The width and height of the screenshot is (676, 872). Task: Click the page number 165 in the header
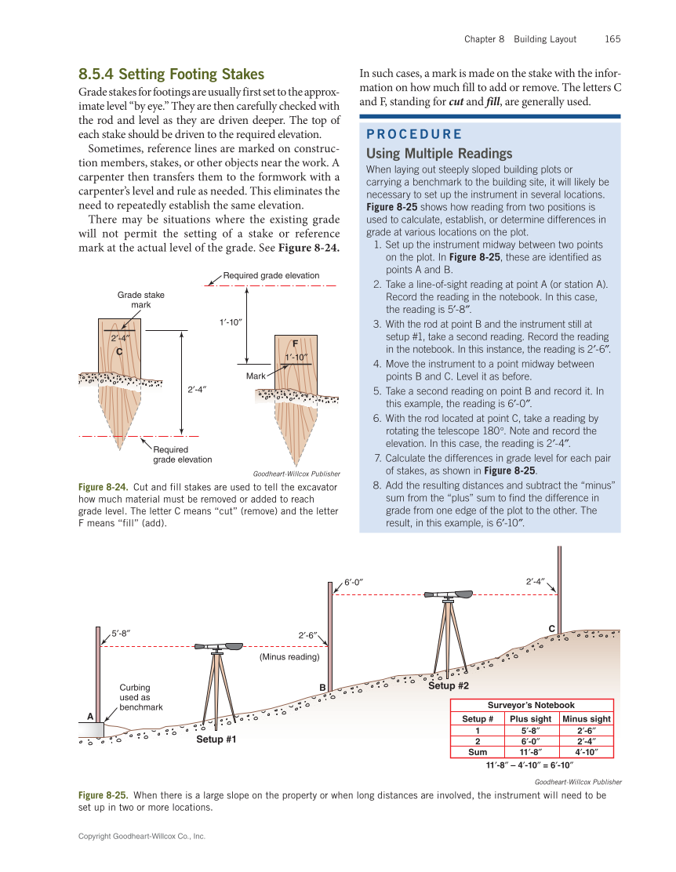(x=612, y=39)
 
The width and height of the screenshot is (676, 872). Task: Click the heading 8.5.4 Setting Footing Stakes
(x=171, y=74)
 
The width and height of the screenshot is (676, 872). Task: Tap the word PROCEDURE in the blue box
(x=414, y=134)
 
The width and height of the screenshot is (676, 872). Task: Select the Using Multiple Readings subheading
(x=439, y=153)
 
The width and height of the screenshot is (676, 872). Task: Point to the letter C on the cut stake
(x=120, y=352)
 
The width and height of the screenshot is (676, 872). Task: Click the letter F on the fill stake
(x=296, y=343)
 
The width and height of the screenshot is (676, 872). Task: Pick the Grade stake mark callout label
(x=141, y=300)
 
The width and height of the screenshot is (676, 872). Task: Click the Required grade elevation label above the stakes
(x=271, y=275)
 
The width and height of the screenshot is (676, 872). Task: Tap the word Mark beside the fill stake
(x=256, y=377)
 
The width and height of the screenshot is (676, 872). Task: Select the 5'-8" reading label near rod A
(x=120, y=632)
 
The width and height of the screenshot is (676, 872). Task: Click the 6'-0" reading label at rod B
(x=355, y=582)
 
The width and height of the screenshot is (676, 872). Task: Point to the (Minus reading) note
(x=289, y=657)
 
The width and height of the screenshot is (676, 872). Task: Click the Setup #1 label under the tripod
(x=216, y=739)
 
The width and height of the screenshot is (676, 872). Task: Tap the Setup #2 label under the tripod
(x=449, y=686)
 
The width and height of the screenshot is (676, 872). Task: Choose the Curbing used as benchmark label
(x=140, y=697)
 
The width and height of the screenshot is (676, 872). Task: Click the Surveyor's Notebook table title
(x=531, y=705)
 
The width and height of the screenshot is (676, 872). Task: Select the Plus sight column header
(x=530, y=718)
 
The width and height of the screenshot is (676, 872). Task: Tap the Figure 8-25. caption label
(x=103, y=795)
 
